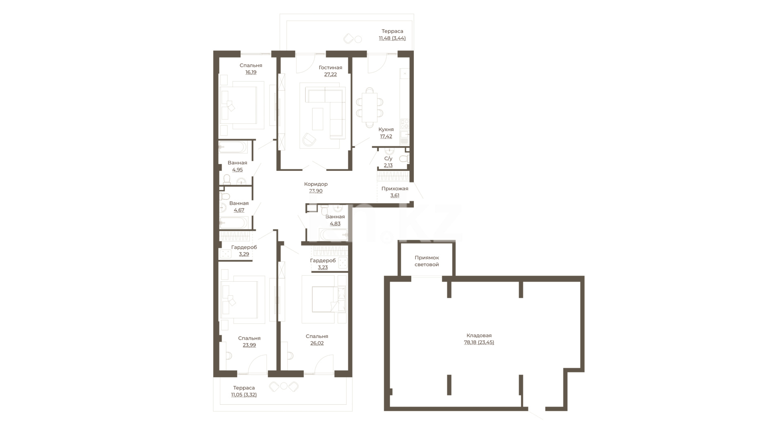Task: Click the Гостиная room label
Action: [x=330, y=68]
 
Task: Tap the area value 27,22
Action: [x=330, y=74]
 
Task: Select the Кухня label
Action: [x=386, y=129]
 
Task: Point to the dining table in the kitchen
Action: [x=370, y=107]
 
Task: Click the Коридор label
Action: [x=316, y=184]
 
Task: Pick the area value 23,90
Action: [x=316, y=191]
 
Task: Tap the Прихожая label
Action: [x=394, y=188]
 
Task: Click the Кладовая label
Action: [x=479, y=336]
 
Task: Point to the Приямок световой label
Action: [x=427, y=261]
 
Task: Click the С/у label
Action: [x=388, y=159]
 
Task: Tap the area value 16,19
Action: [x=250, y=72]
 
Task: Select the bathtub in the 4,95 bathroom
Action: [x=233, y=147]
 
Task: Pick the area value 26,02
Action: [x=317, y=343]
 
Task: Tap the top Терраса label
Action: [x=392, y=31]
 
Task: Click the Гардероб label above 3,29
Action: [x=244, y=247]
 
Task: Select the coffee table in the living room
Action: [x=318, y=119]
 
